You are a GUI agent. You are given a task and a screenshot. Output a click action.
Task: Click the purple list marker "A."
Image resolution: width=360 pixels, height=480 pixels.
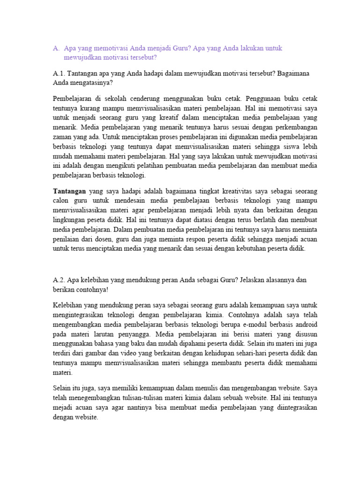pos(56,48)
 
